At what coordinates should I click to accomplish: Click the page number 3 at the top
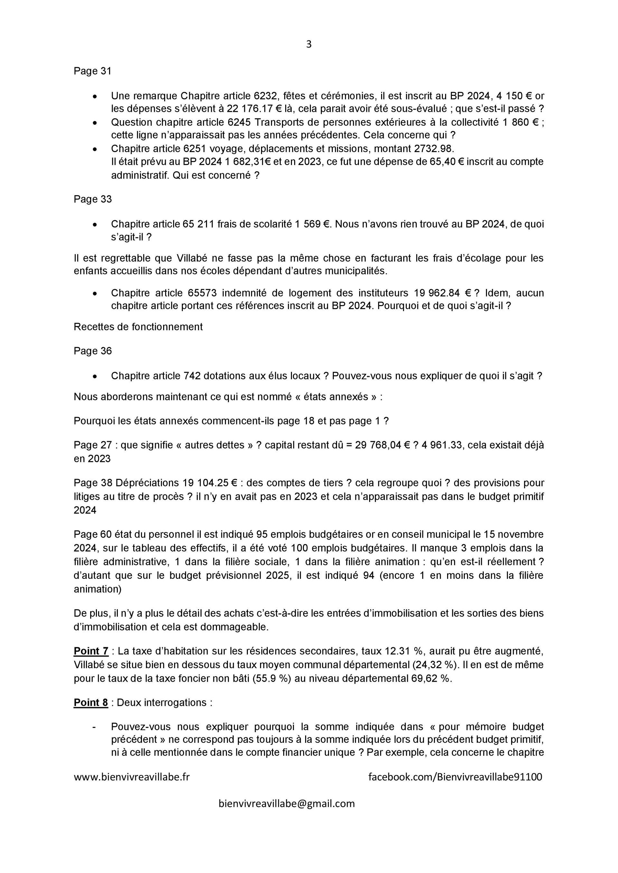[x=309, y=44]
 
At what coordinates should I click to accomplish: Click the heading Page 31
[x=92, y=71]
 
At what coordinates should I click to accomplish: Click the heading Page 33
[x=92, y=199]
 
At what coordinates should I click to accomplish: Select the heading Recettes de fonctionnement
[x=138, y=327]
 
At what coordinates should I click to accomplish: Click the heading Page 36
[x=92, y=350]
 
